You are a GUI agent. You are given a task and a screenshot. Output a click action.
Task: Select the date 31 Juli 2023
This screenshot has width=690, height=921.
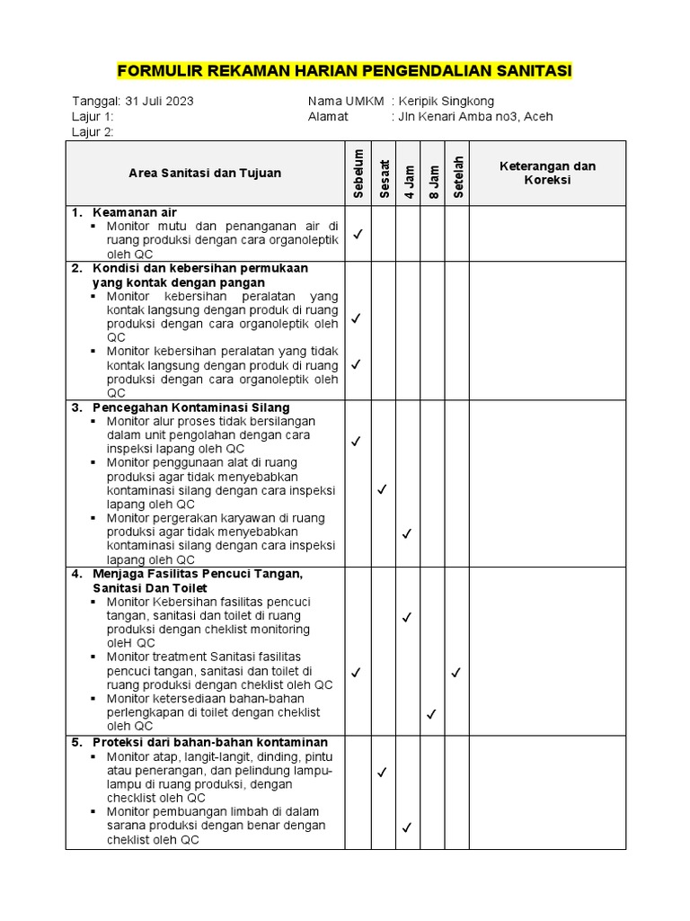coord(159,101)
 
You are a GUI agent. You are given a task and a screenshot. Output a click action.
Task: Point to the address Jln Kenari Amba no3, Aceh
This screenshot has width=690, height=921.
coord(475,116)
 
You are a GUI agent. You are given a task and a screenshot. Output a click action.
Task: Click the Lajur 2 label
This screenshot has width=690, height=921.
coord(93,132)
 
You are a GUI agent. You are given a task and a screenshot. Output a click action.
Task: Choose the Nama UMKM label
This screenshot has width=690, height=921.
coord(346,101)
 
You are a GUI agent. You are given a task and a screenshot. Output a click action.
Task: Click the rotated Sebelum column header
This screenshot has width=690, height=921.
coord(358,174)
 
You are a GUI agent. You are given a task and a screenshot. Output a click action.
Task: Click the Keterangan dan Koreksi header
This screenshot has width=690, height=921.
coord(547,174)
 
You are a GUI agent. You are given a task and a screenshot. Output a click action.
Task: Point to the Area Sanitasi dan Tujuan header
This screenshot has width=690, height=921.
coord(205,174)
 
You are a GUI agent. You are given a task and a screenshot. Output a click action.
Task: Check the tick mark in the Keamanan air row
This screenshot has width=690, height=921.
coord(357,234)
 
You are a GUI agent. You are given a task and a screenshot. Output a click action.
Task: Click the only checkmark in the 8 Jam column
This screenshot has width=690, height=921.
coord(431,714)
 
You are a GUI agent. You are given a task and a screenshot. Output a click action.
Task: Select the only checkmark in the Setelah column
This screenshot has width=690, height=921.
coord(456,672)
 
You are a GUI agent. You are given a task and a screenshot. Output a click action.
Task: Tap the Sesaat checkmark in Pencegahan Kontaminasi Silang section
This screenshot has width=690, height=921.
coord(382,489)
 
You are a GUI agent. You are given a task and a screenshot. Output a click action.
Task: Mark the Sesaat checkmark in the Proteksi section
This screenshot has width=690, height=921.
coord(382,772)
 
